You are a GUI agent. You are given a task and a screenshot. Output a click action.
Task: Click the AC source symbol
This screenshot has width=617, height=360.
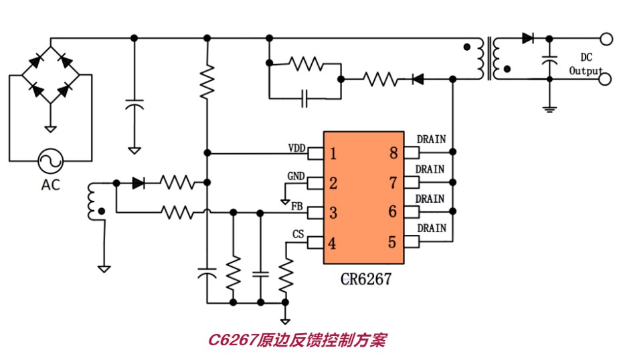tap(51, 161)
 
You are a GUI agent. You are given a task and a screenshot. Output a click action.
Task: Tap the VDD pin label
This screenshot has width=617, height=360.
tap(296, 148)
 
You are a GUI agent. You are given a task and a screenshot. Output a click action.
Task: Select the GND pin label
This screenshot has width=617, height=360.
tap(296, 176)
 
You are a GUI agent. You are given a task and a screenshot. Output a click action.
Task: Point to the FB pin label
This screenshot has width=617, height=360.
tap(296, 206)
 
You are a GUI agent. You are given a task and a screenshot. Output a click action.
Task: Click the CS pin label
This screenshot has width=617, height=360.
tap(298, 234)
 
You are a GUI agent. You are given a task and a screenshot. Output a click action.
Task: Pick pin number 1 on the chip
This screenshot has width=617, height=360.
tap(333, 153)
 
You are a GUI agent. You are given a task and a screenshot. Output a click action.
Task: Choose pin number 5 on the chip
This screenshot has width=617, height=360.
tap(392, 242)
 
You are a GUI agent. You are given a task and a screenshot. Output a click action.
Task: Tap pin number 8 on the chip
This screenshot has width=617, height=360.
tap(393, 153)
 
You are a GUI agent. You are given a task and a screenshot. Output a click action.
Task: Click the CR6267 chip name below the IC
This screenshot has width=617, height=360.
tap(366, 279)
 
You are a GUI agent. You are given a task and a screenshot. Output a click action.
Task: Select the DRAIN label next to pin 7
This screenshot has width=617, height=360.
tap(430, 169)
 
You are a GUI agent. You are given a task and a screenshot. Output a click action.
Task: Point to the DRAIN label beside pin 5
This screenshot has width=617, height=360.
tap(432, 228)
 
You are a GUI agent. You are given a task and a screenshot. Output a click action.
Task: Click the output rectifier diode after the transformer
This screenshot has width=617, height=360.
tap(528, 38)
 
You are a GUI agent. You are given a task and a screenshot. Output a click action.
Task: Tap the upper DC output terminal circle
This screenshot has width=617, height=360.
tap(606, 39)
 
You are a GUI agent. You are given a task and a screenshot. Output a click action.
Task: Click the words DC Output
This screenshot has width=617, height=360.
tap(586, 64)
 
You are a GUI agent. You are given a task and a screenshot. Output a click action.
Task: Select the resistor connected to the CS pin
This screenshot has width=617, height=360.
tap(286, 275)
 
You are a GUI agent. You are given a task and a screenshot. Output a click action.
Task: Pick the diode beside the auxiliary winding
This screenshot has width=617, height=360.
tap(138, 183)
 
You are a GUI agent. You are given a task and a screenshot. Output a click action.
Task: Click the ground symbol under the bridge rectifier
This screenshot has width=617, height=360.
tap(50, 128)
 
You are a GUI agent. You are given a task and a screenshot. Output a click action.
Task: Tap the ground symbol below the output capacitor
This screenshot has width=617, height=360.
tap(549, 109)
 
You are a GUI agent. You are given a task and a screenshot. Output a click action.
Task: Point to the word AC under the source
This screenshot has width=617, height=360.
tap(51, 185)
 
